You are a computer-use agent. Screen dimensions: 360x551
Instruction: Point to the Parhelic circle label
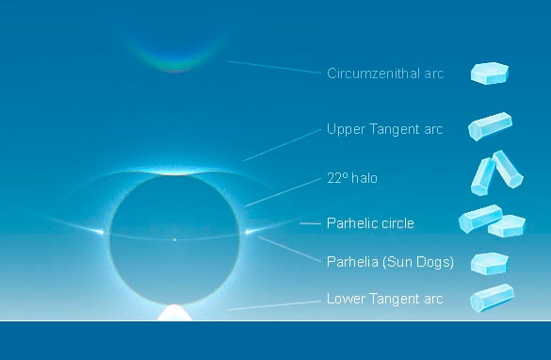(370, 223)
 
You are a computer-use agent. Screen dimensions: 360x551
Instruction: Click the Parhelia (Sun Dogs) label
(390, 262)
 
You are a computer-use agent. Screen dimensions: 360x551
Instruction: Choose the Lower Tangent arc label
(384, 300)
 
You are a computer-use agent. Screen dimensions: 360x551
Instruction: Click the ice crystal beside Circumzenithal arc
(491, 74)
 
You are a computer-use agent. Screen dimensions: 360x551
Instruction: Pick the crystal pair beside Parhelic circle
(492, 222)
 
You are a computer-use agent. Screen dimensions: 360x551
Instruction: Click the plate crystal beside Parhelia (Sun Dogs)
(490, 262)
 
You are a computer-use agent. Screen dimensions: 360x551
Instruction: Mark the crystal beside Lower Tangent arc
(491, 299)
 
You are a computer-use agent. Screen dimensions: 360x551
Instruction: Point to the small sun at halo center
(174, 239)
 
